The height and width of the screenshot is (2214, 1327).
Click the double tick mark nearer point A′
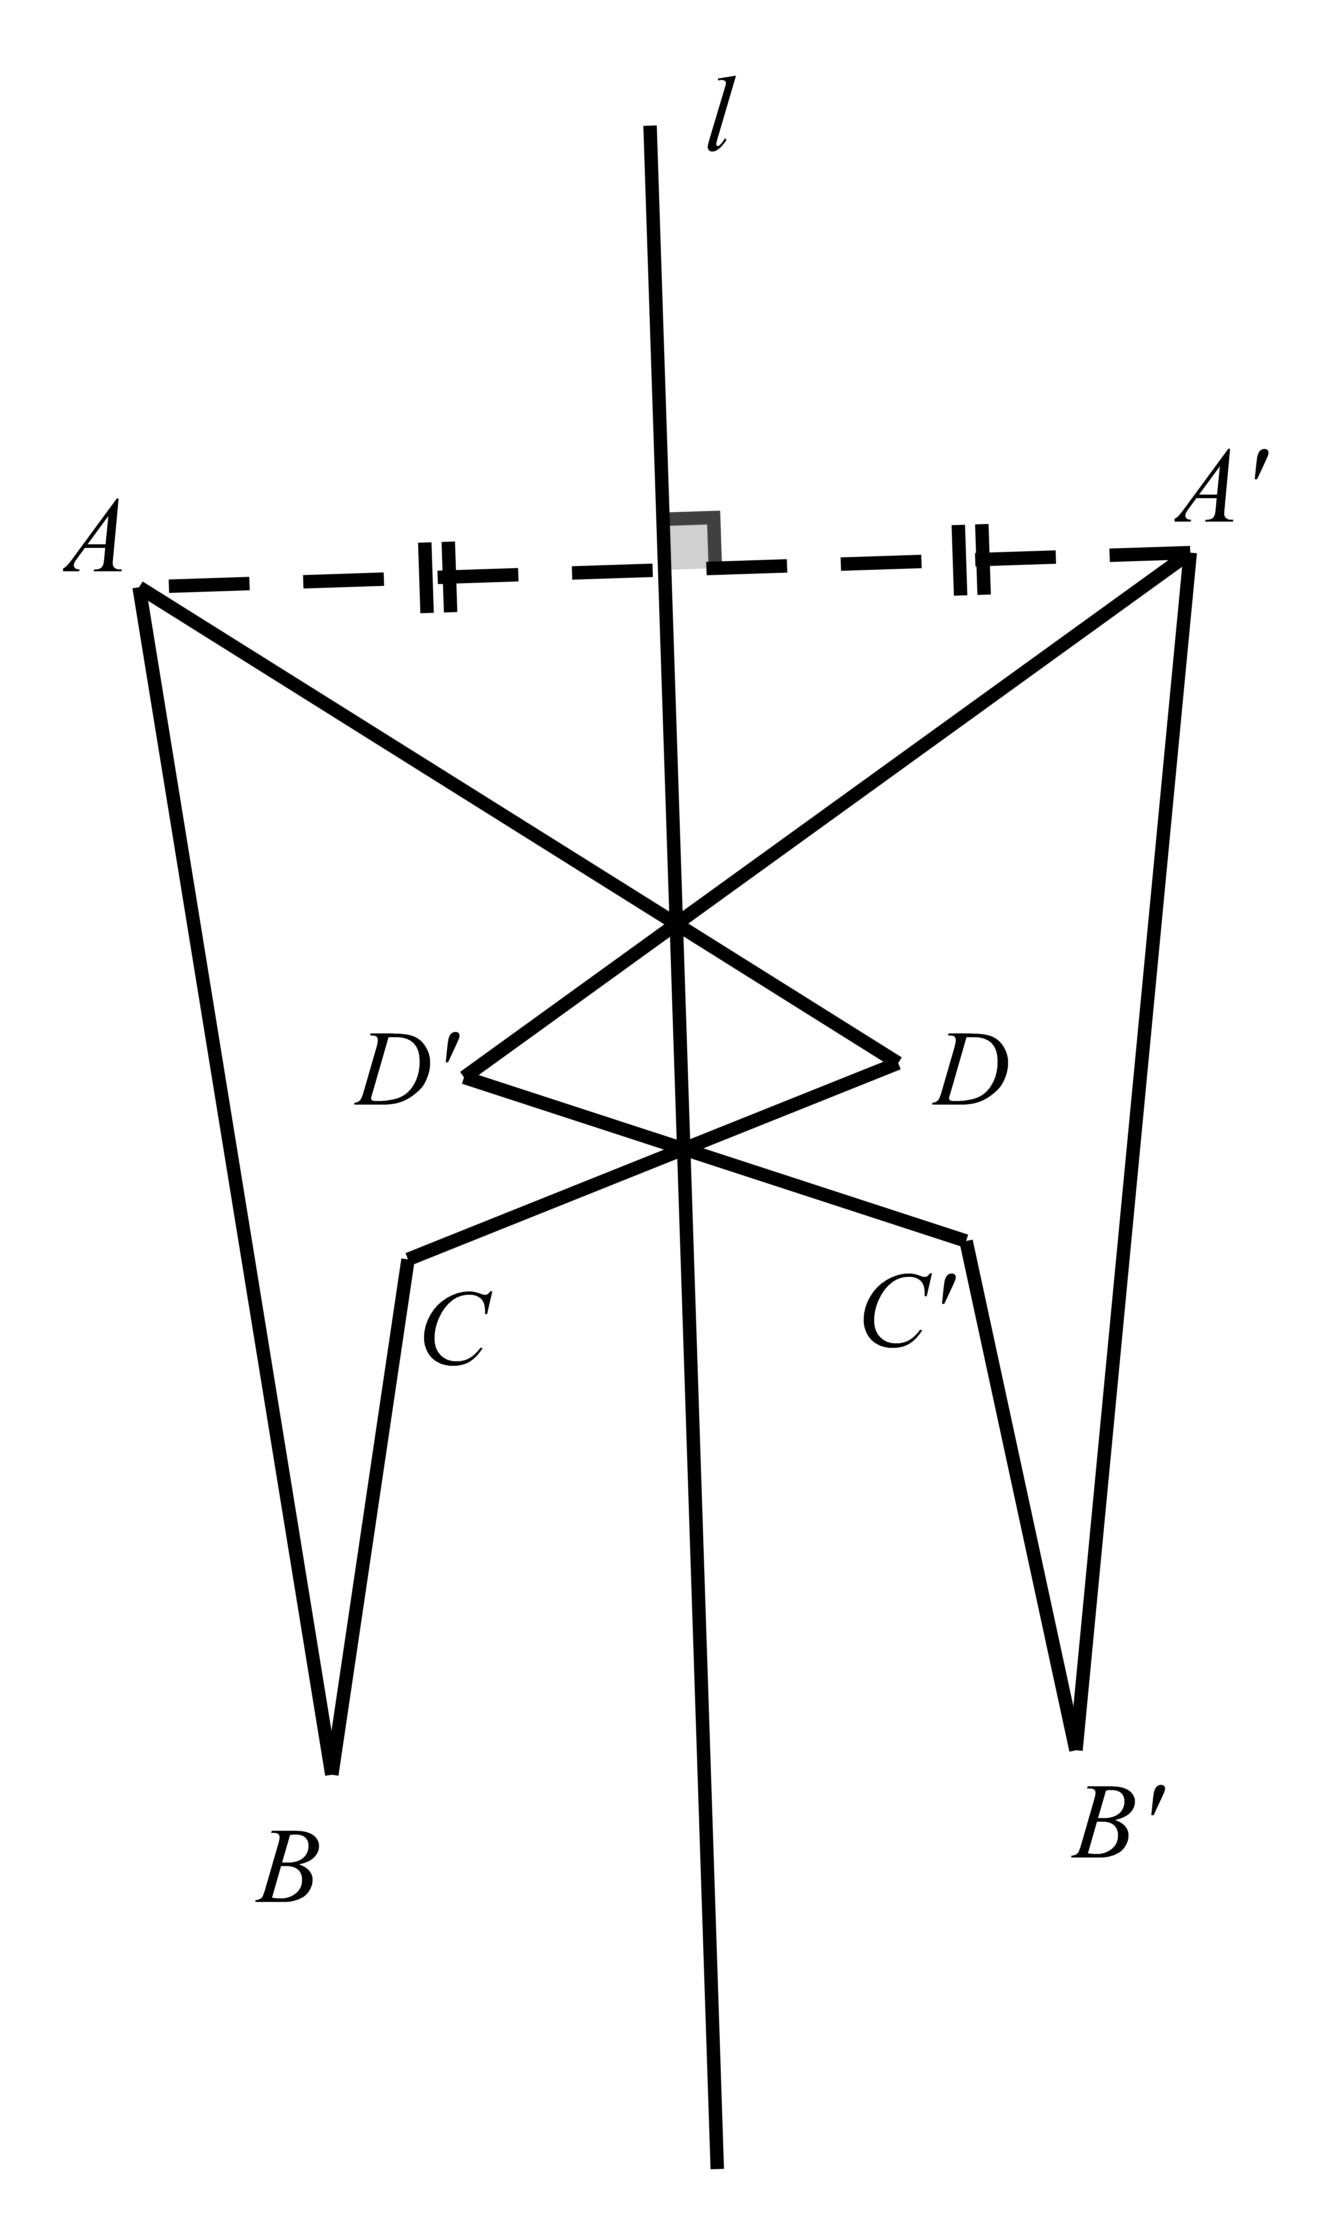point(971,560)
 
